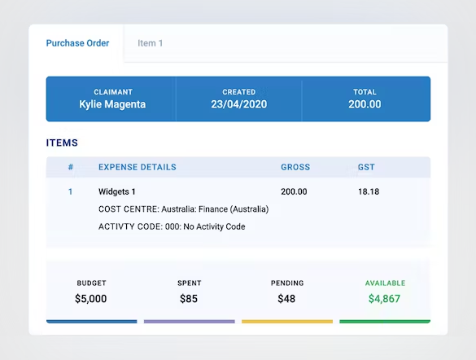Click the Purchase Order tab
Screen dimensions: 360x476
point(77,43)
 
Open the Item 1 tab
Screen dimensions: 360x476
point(150,43)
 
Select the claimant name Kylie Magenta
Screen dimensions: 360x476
point(112,104)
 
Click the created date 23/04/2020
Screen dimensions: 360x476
point(238,104)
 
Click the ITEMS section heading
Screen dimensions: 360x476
point(62,143)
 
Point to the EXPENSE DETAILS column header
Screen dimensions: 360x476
point(137,167)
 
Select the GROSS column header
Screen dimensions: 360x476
point(295,167)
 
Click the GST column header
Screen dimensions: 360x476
point(366,167)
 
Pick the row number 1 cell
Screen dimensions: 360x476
point(71,192)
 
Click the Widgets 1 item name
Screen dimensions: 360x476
point(117,192)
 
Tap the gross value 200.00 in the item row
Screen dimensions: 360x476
point(294,192)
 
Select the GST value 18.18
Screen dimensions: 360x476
point(369,192)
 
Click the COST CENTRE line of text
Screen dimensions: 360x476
point(183,209)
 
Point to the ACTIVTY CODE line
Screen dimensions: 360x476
point(172,226)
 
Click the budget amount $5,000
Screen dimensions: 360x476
point(91,299)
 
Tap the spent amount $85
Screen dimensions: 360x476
point(189,299)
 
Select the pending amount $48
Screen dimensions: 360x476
point(287,299)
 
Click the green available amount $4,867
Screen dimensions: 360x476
point(385,299)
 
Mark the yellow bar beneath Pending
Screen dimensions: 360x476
point(287,322)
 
